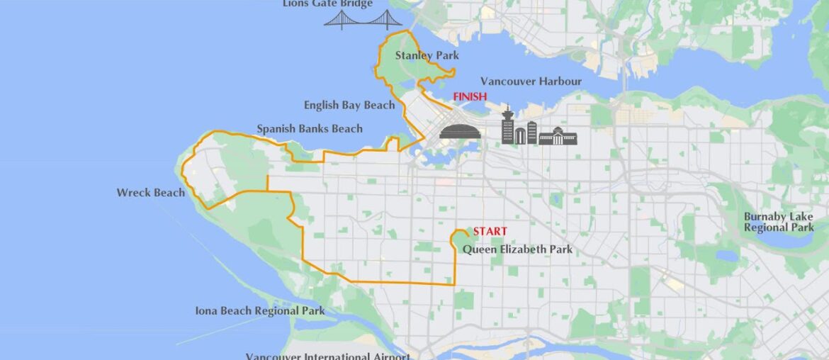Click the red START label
click(x=490, y=232)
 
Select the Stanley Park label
click(x=427, y=55)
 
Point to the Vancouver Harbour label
click(x=531, y=81)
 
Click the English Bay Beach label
click(x=349, y=106)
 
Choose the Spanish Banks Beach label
click(x=310, y=129)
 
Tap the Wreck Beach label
click(x=151, y=193)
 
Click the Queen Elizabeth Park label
click(x=517, y=249)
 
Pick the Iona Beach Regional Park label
click(x=260, y=311)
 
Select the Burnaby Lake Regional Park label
click(x=779, y=222)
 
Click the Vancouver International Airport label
click(x=327, y=356)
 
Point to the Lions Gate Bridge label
click(x=327, y=4)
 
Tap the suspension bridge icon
click(x=363, y=19)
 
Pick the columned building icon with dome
click(x=558, y=135)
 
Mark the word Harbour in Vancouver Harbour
click(x=557, y=81)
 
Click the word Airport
click(x=386, y=356)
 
